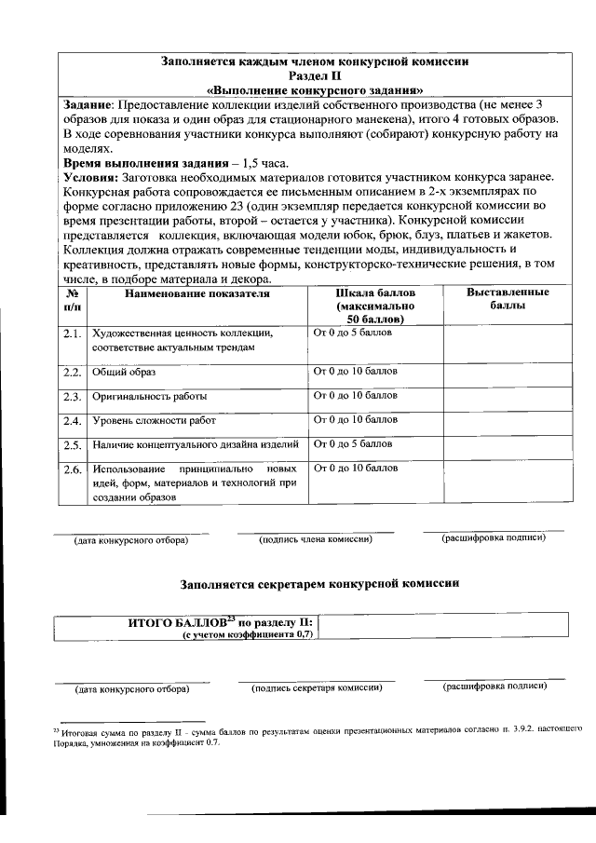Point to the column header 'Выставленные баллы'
click(507, 299)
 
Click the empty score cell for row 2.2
click(507, 374)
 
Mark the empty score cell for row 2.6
click(507, 481)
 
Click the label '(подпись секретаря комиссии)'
click(317, 687)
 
